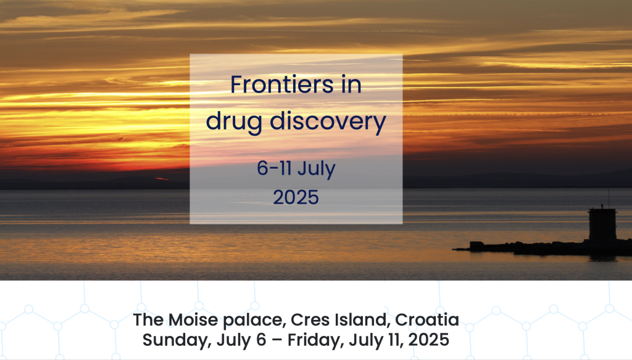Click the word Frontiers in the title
[281, 84]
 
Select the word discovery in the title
[328, 121]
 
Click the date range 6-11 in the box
[274, 168]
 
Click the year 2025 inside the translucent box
[296, 198]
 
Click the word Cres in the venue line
[309, 320]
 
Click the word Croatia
[427, 320]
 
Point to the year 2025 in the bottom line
[429, 340]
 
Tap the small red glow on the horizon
[162, 178]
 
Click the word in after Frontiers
[351, 84]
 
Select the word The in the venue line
[148, 320]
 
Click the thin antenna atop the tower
[609, 198]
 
